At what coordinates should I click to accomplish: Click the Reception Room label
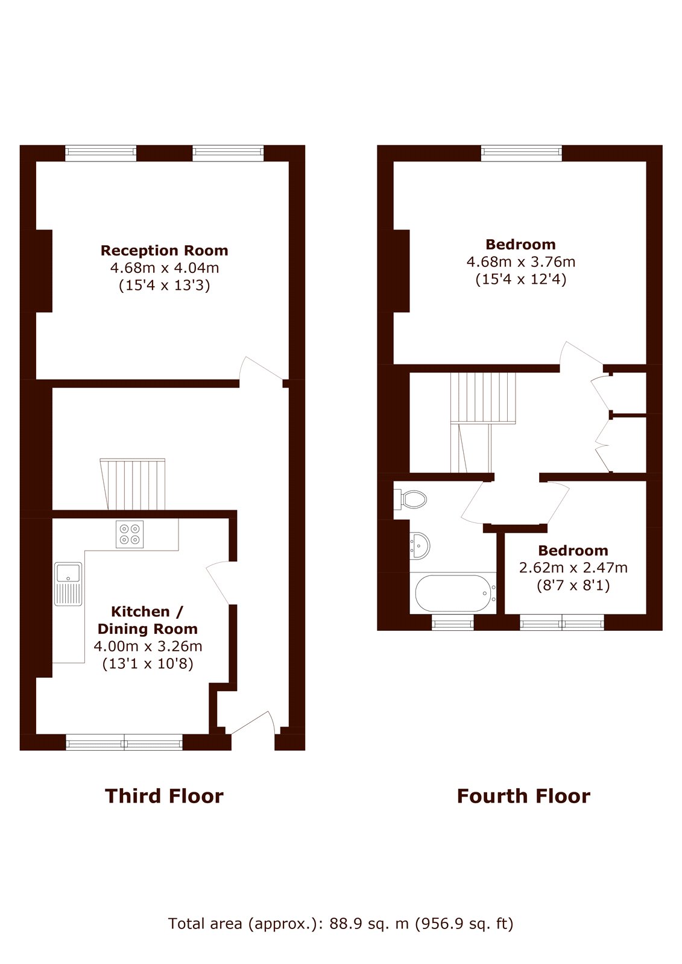click(x=164, y=251)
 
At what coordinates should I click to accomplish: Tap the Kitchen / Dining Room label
click(x=147, y=620)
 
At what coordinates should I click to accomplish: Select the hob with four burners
click(x=130, y=534)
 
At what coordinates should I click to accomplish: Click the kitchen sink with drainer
click(x=68, y=584)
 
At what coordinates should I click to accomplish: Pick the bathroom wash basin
click(x=419, y=546)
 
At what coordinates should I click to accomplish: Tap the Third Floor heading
click(x=164, y=796)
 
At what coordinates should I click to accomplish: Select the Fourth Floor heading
click(x=523, y=796)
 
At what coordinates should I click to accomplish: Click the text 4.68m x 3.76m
click(x=521, y=261)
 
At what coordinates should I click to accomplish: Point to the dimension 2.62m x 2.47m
click(x=573, y=568)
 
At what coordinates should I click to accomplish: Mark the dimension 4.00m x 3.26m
click(x=148, y=646)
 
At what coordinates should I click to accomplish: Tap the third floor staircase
click(x=133, y=484)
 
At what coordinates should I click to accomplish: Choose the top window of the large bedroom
click(x=522, y=153)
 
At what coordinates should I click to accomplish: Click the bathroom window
click(x=452, y=622)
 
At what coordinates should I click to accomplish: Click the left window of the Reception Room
click(x=101, y=153)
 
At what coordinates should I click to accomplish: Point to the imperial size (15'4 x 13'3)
click(x=164, y=286)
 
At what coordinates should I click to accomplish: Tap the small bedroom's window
click(x=562, y=622)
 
